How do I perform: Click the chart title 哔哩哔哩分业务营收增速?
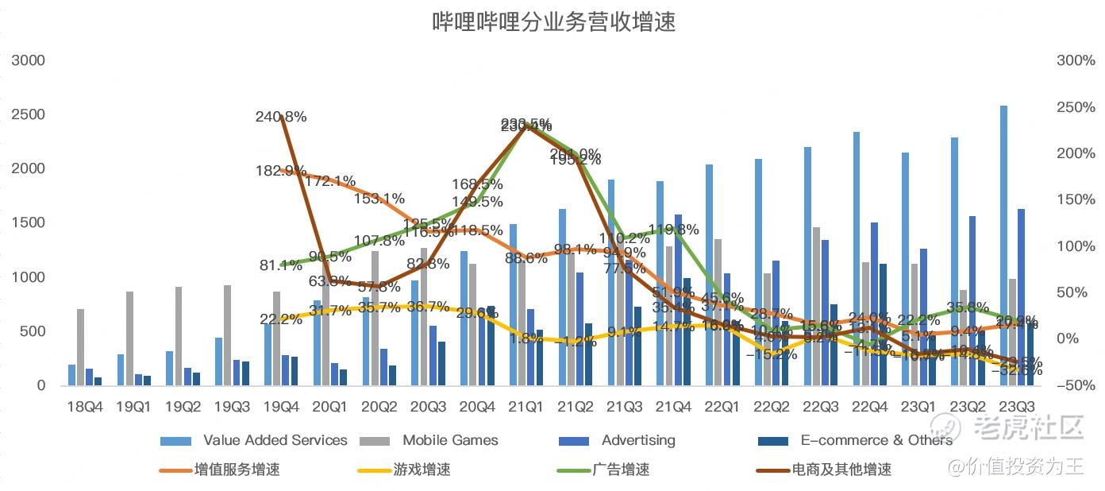(x=553, y=21)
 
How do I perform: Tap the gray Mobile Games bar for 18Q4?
(x=80, y=346)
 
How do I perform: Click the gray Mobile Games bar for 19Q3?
(x=227, y=334)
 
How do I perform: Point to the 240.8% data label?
(x=281, y=117)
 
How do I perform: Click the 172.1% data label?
(x=330, y=181)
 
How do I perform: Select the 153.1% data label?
(x=379, y=199)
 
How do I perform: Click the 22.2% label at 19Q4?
(x=280, y=319)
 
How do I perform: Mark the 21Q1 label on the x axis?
(x=526, y=407)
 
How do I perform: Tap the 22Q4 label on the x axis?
(x=868, y=407)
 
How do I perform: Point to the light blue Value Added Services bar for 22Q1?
(x=709, y=275)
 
